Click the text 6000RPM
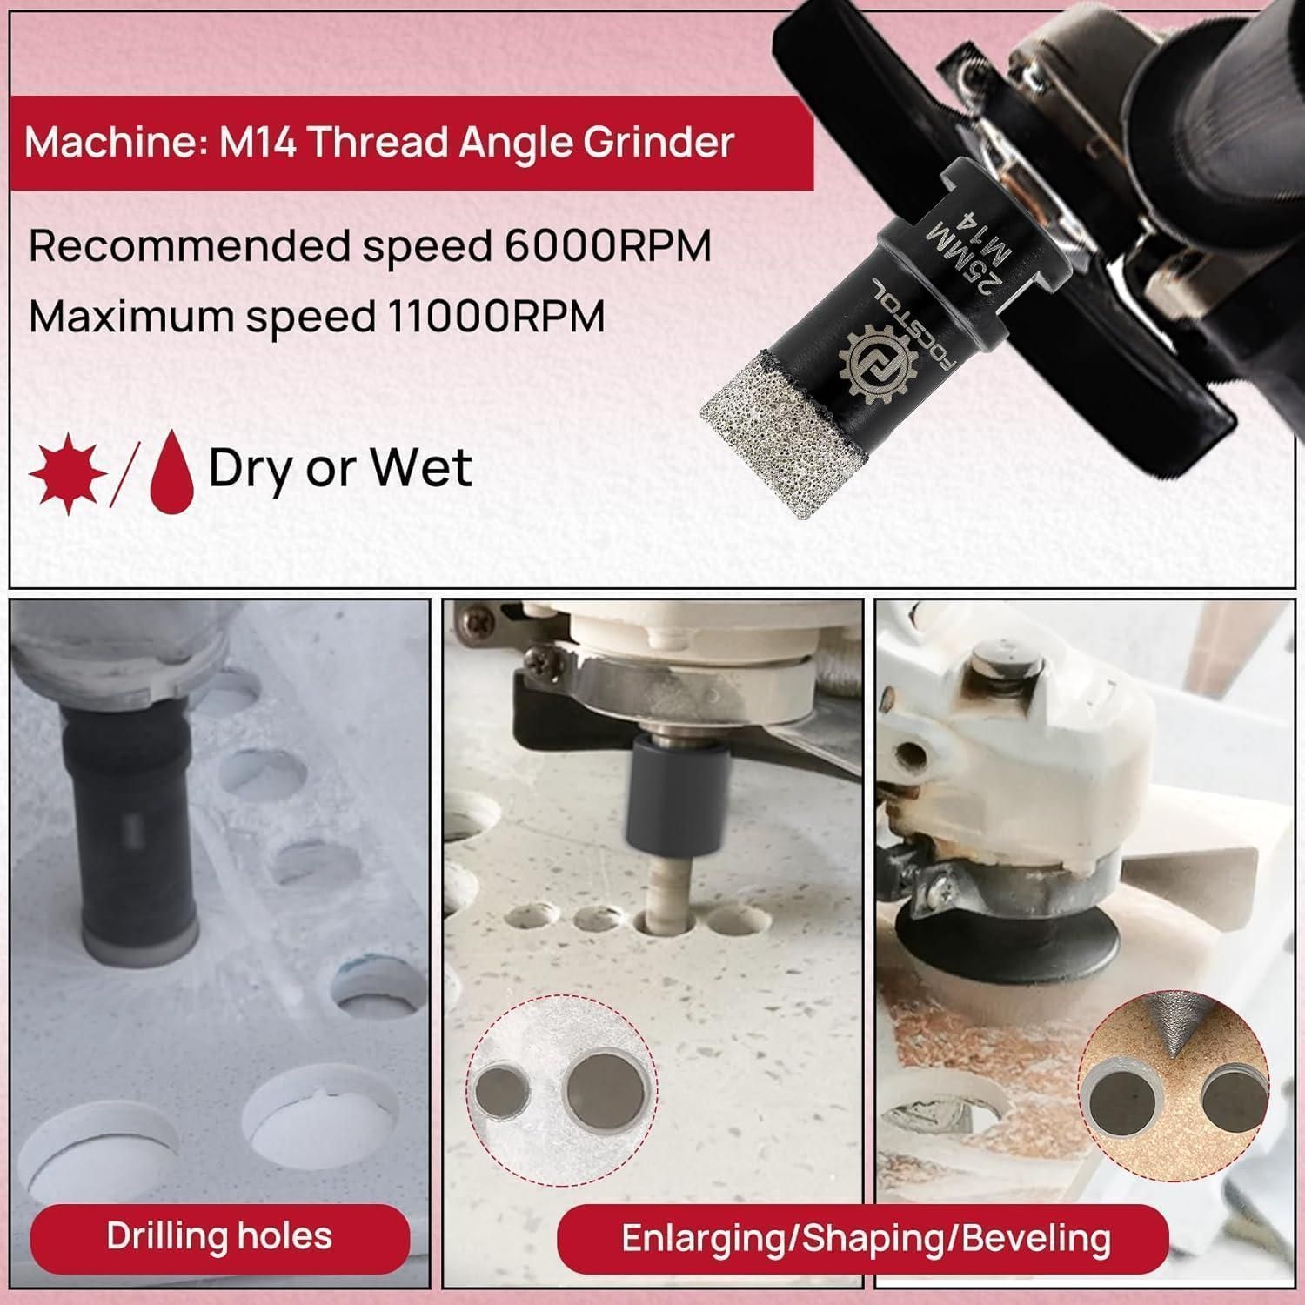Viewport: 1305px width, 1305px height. [608, 247]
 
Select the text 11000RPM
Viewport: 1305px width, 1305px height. [491, 317]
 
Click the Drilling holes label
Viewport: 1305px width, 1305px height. [219, 1236]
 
